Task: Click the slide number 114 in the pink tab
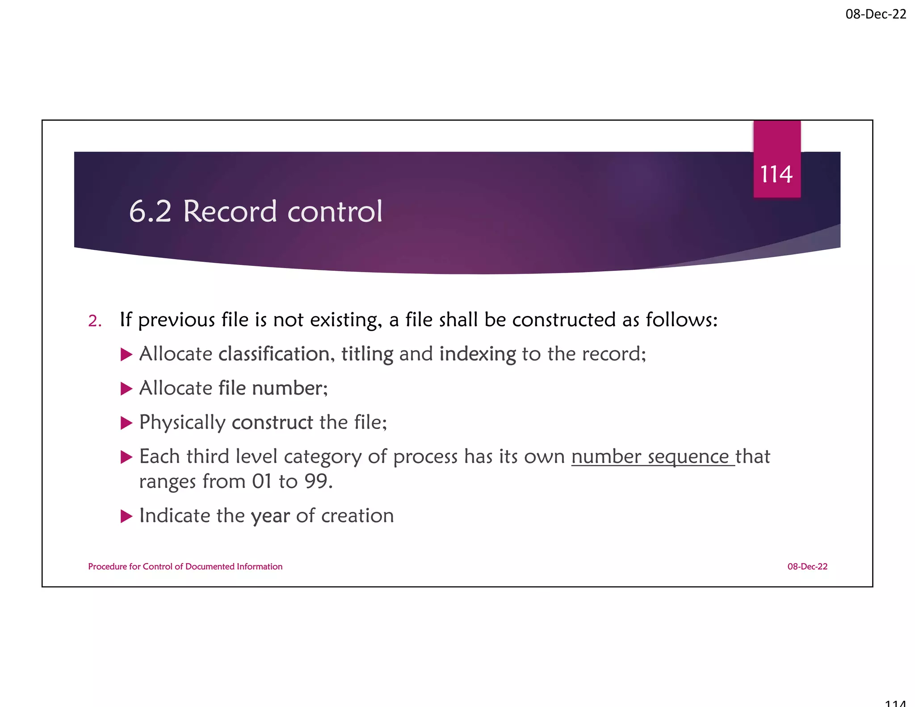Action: (776, 174)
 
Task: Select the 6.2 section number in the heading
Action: (150, 211)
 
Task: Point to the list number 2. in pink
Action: (95, 321)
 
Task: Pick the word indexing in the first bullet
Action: (478, 354)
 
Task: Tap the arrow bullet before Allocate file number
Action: (126, 389)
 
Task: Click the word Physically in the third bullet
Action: (182, 422)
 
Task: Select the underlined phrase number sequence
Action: (652, 457)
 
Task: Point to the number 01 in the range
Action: (262, 481)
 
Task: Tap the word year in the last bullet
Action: (270, 516)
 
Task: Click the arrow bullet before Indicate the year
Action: (126, 517)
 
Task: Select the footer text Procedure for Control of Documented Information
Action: (185, 567)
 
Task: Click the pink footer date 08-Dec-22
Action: (807, 567)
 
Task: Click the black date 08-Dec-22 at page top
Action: (876, 14)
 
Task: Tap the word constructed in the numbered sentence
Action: (563, 320)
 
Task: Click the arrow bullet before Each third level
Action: (126, 457)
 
